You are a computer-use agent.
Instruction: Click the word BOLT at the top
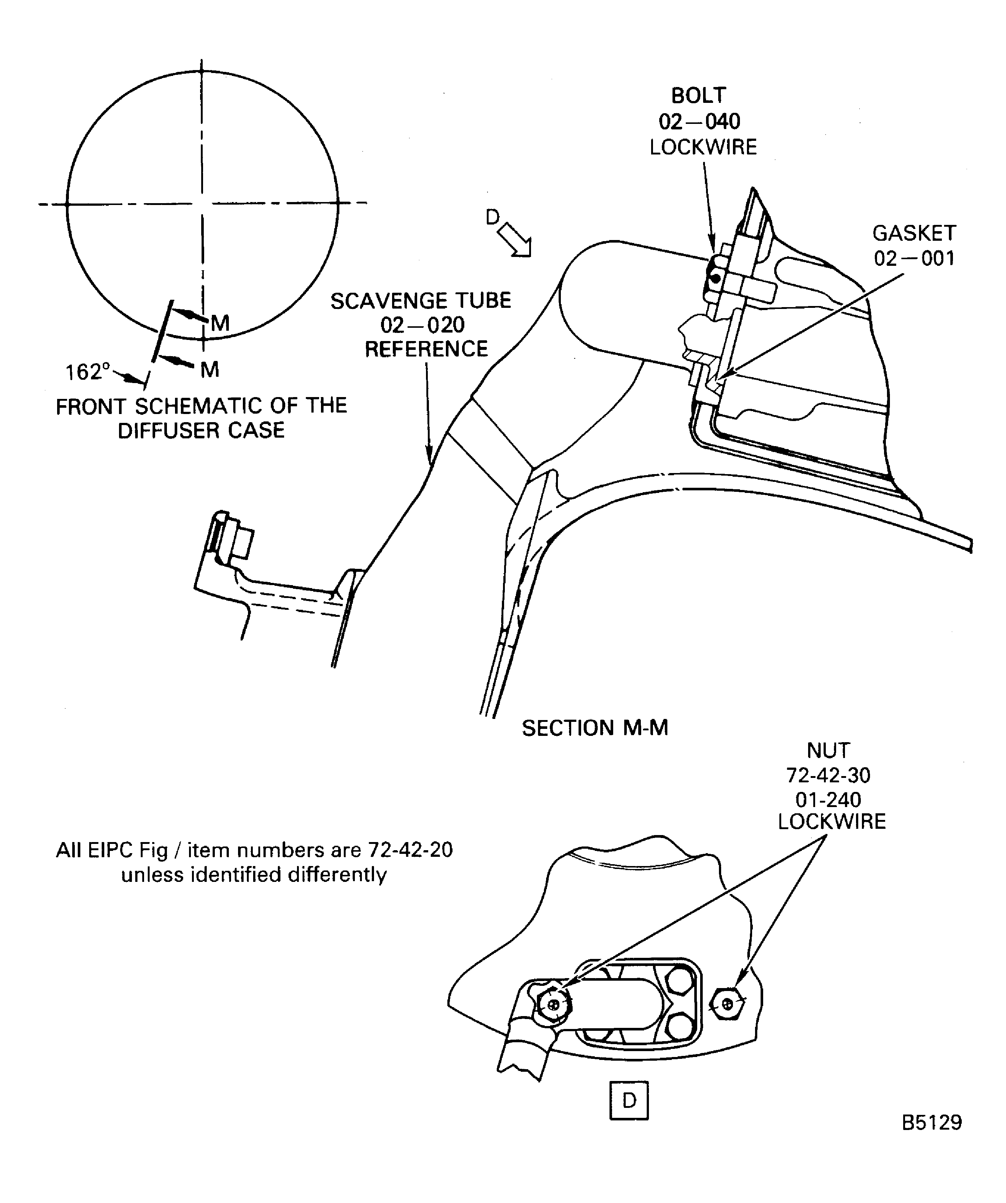pyautogui.click(x=699, y=95)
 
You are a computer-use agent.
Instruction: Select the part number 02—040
pyautogui.click(x=699, y=121)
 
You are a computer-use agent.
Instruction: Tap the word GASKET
pyautogui.click(x=914, y=233)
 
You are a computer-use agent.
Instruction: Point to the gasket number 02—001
pyautogui.click(x=914, y=258)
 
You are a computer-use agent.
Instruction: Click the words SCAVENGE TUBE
pyautogui.click(x=421, y=301)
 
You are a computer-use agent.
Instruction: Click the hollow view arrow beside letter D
pyautogui.click(x=514, y=239)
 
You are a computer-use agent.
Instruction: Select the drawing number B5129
pyautogui.click(x=932, y=1138)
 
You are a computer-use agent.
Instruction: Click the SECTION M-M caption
pyautogui.click(x=595, y=728)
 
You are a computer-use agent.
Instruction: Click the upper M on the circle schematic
pyautogui.click(x=220, y=324)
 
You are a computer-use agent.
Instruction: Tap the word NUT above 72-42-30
pyautogui.click(x=828, y=750)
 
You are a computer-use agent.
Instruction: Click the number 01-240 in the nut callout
pyautogui.click(x=828, y=799)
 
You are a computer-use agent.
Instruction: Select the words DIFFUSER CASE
pyautogui.click(x=201, y=430)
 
